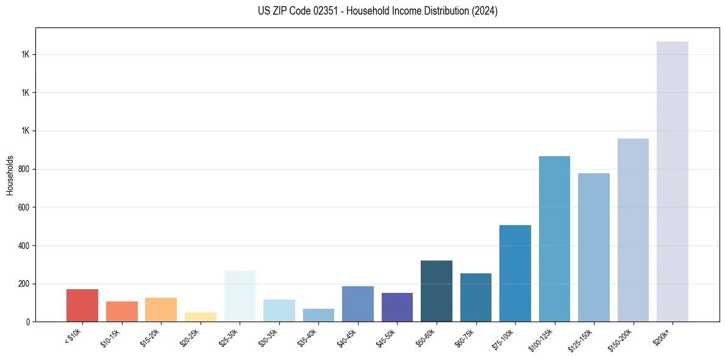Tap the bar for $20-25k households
[x=200, y=317]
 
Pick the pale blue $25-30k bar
[x=240, y=296]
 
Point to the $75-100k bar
[x=515, y=273]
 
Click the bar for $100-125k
[x=554, y=239]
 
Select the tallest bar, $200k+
[x=673, y=181]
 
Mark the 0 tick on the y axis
[x=28, y=322]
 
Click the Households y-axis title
[x=10, y=175]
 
